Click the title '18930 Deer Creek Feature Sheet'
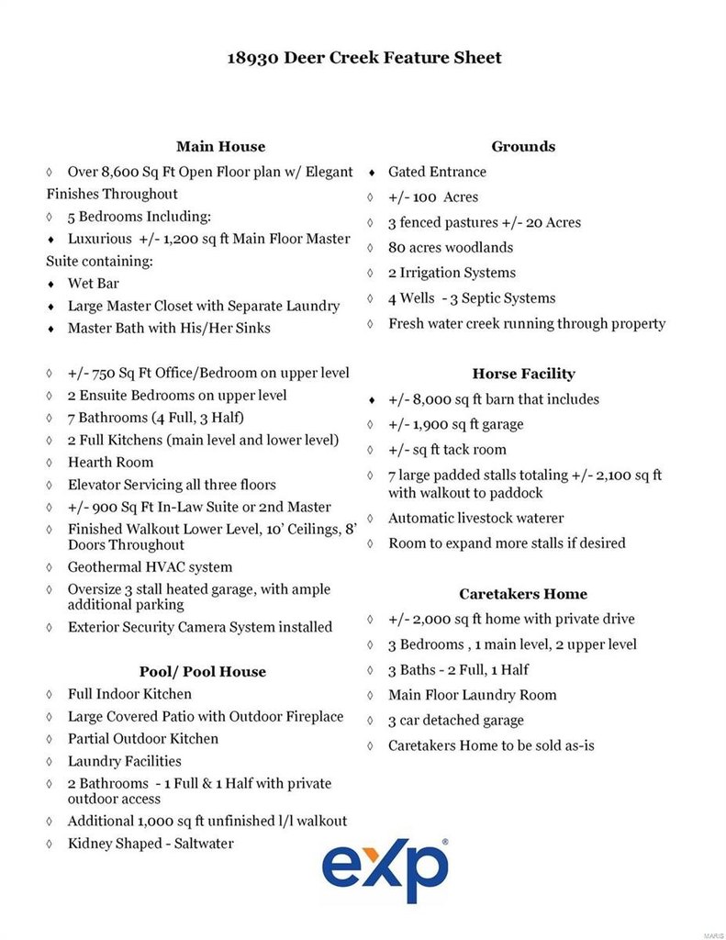pos(364,58)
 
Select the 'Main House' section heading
pos(220,146)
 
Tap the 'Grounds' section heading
pos(523,146)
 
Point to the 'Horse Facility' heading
pos(523,374)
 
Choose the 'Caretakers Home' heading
pos(523,594)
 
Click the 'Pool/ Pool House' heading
pos(202,671)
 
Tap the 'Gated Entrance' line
pos(437,172)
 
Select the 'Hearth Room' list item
pos(110,463)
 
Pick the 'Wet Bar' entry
pos(93,284)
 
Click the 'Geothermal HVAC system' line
pos(150,567)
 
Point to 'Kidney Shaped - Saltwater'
pos(151,844)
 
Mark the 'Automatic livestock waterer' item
pos(475,518)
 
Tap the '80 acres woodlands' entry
pos(451,247)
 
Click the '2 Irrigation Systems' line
pos(452,273)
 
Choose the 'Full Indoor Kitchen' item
pos(129,694)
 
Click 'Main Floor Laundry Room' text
pos(472,695)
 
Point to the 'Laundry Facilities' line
pos(124,761)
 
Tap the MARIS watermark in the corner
pos(713,933)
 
